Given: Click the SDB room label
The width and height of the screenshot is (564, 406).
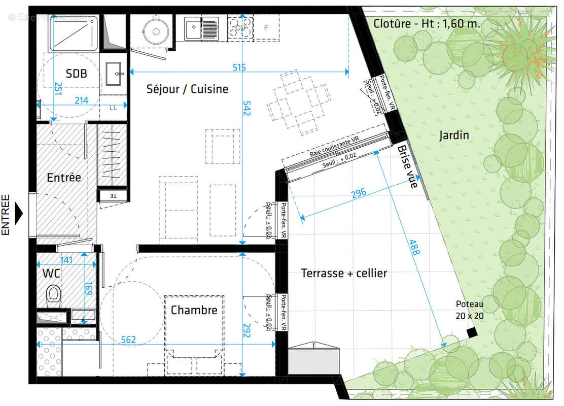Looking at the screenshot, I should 76,74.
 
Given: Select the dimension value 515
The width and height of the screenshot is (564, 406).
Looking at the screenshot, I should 239,67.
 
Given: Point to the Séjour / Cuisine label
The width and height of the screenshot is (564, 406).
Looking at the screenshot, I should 187,89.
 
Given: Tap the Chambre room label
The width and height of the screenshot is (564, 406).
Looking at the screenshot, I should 194,310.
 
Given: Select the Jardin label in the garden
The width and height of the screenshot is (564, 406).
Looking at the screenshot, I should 454,136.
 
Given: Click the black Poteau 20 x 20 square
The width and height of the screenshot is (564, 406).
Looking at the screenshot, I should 472,332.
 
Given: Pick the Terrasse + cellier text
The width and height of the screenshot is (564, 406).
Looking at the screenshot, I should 344,273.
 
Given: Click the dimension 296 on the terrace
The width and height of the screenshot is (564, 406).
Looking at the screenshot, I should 359,193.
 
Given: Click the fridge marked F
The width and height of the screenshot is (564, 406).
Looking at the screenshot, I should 266,27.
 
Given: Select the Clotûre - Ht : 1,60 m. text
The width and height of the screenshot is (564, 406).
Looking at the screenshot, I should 427,23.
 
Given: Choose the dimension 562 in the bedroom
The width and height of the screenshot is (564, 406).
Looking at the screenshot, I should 129,340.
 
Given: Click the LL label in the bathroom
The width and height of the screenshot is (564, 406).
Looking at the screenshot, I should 113,108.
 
